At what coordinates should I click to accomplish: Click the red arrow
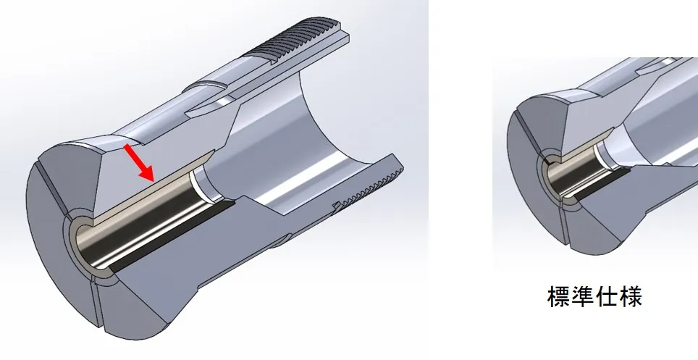click(139, 163)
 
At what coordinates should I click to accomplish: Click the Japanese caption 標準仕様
click(594, 296)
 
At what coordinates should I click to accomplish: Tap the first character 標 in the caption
click(558, 296)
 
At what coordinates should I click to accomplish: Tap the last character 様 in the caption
click(629, 296)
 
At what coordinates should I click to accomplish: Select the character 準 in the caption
click(582, 296)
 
